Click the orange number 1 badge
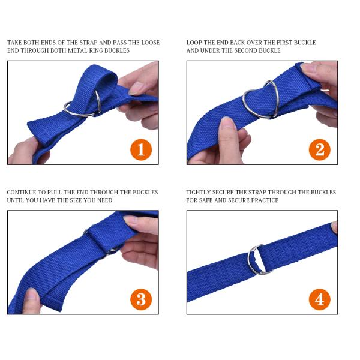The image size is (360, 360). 140,149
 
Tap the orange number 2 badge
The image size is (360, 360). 320,149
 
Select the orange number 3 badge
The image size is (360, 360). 140,298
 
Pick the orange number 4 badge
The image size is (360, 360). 320,298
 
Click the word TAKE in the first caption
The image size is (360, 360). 16,43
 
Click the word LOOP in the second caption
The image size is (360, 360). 194,43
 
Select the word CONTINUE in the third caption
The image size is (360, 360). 22,193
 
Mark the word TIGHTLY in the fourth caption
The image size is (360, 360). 199,193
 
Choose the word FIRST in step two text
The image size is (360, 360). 281,43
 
